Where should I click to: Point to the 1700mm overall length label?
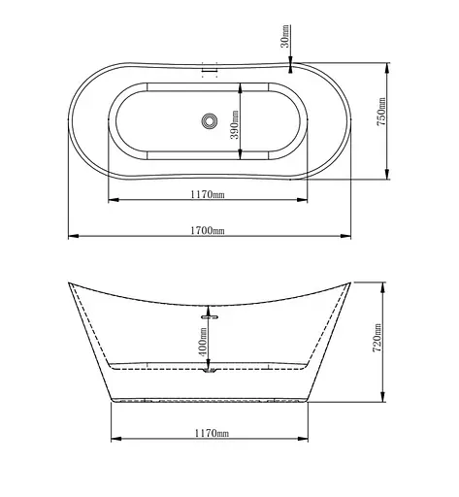click(208, 230)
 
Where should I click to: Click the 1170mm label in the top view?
click(208, 194)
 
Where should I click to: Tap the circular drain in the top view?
click(208, 122)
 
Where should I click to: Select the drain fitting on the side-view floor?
click(209, 369)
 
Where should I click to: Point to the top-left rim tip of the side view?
click(70, 283)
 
